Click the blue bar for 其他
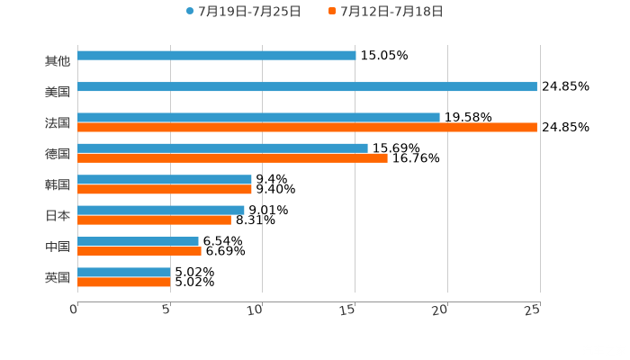pos(216,56)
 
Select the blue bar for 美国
pos(307,87)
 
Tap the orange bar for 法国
pos(307,128)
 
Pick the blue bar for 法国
pos(258,117)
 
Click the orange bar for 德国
pos(232,158)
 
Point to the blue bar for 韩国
pos(165,180)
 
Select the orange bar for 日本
pos(154,220)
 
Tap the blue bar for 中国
pos(138,241)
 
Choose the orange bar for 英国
pos(124,283)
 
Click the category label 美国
pos(58,92)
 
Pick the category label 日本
pos(58,215)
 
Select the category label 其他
pos(58,61)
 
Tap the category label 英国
pos(58,277)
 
